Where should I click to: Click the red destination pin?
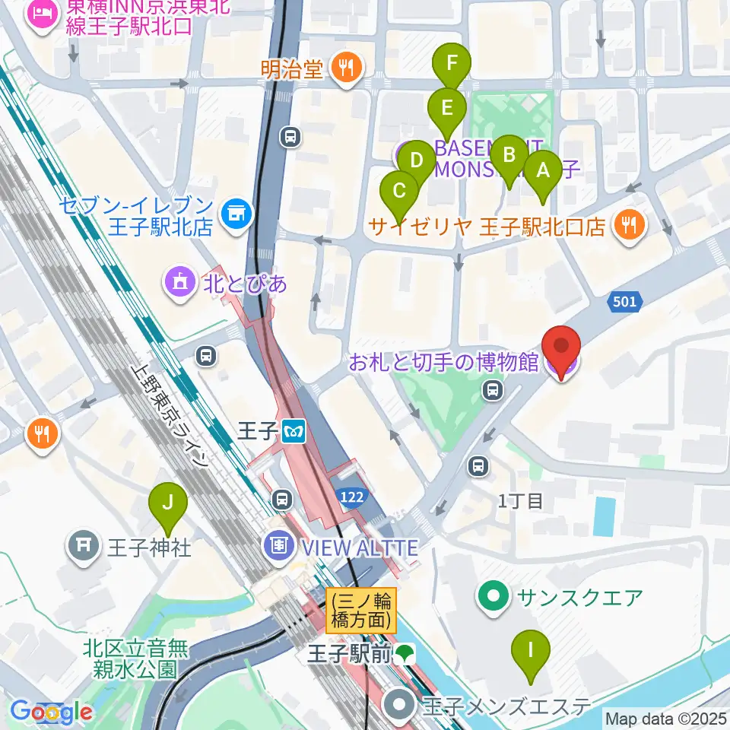[x=562, y=350]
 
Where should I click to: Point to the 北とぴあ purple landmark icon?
[x=179, y=284]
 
